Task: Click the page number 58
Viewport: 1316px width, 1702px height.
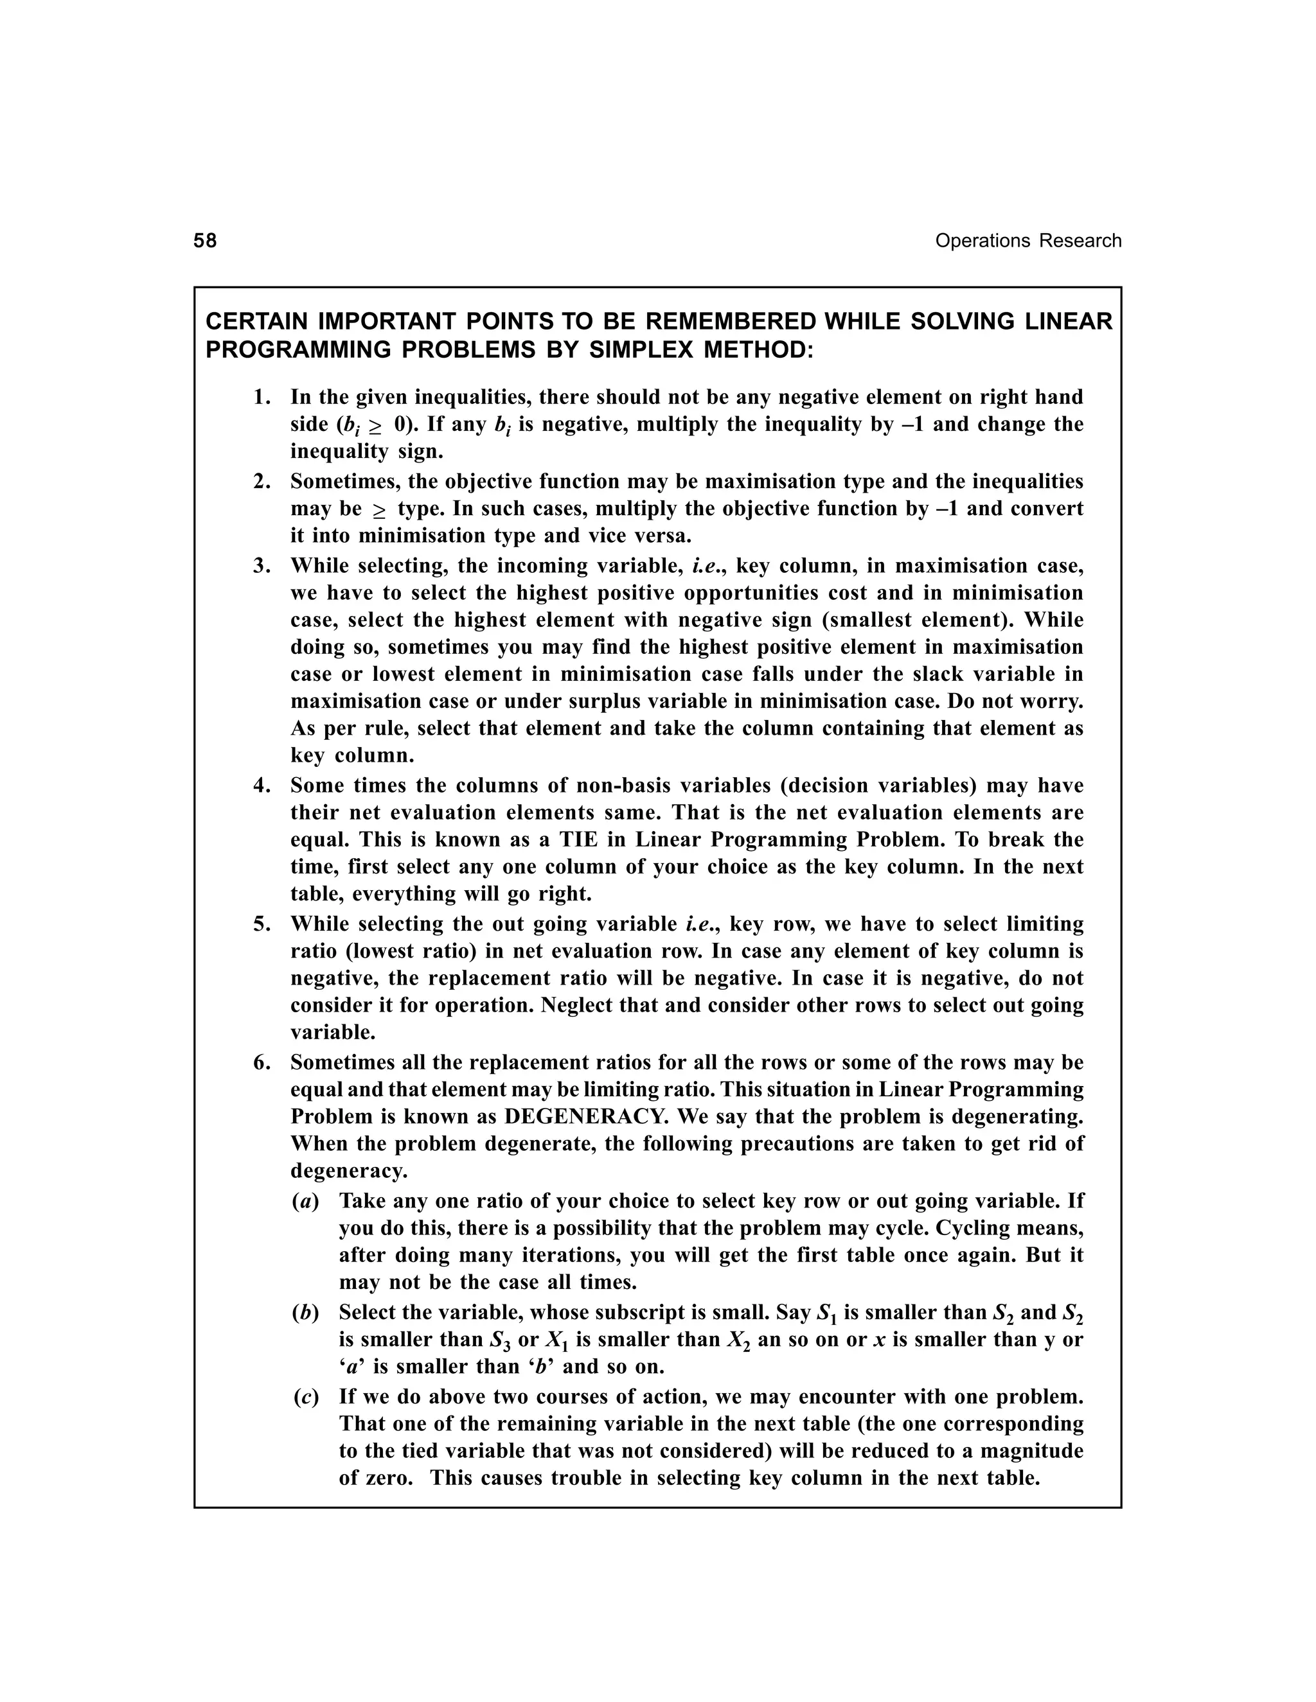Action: point(205,241)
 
